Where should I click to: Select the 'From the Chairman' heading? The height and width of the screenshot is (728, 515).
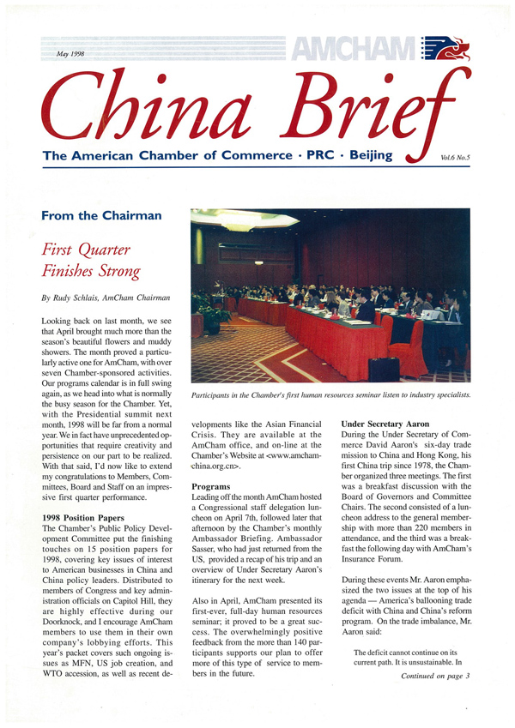pos(100,215)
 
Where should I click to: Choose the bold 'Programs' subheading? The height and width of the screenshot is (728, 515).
pos(210,485)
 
